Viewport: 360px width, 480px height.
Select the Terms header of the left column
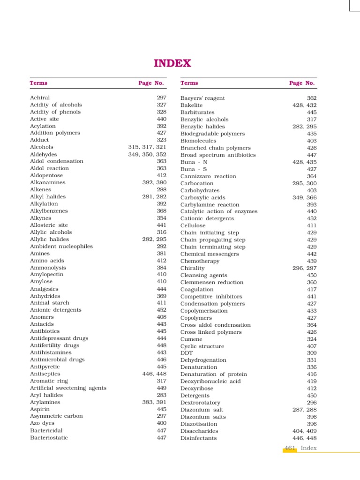(38, 83)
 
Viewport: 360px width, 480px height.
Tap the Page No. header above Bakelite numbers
(302, 83)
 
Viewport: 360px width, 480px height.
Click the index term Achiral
(40, 98)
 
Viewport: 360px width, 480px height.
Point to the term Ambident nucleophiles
(61, 246)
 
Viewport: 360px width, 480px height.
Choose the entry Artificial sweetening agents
(68, 388)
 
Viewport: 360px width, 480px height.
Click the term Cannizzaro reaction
(208, 176)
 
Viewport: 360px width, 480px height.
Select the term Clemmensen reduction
(212, 282)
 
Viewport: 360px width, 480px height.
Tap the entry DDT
(187, 353)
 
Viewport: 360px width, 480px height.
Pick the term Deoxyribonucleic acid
(210, 381)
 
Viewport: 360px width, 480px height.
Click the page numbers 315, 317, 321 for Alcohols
(147, 147)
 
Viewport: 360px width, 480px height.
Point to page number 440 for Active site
(162, 119)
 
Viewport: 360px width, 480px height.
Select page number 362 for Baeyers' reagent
(312, 98)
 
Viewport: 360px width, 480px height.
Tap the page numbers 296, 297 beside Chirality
(304, 268)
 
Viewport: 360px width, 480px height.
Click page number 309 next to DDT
(312, 353)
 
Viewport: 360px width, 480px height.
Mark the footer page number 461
(290, 448)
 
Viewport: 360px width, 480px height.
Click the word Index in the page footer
(309, 448)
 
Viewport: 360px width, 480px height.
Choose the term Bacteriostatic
(49, 437)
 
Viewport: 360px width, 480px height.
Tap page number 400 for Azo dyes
(162, 423)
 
